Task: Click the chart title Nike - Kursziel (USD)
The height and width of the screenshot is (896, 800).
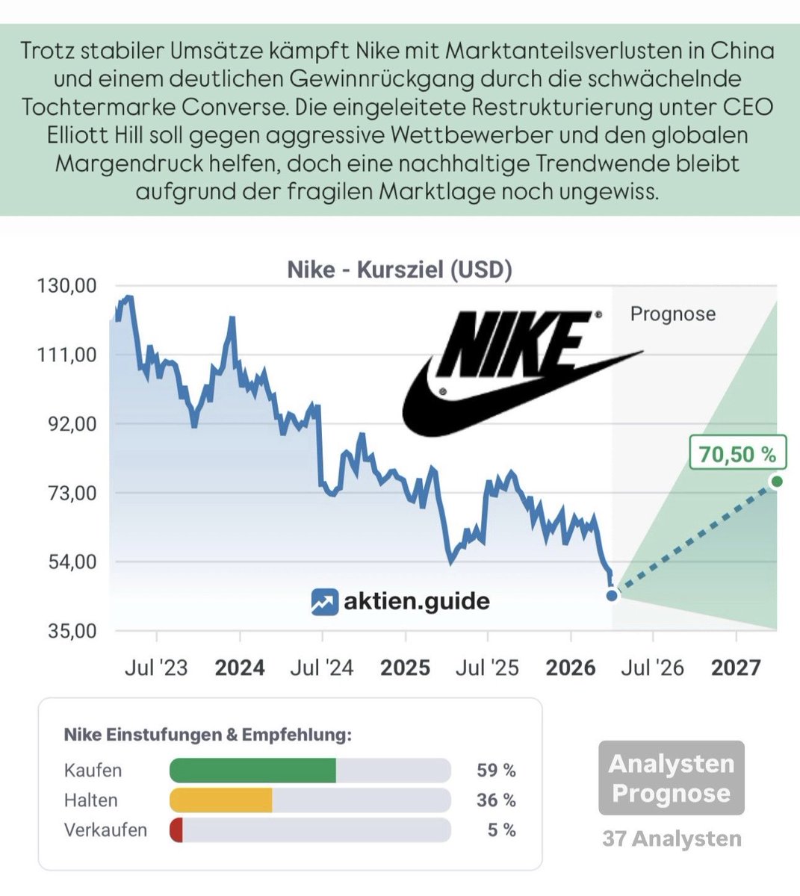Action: click(x=400, y=270)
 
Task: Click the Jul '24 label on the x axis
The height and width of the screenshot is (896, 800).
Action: click(x=322, y=667)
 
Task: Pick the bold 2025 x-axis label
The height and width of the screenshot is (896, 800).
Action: click(x=405, y=667)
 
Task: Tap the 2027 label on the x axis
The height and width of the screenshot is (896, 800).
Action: click(x=736, y=667)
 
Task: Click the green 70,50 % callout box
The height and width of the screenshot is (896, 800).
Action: click(x=737, y=453)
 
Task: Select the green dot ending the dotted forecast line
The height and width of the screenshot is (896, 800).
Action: click(x=776, y=482)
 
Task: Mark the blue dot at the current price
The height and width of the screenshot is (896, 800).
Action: click(x=612, y=595)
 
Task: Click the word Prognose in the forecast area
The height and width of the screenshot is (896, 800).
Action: click(x=672, y=314)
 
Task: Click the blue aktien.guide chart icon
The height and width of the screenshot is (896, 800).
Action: click(x=324, y=602)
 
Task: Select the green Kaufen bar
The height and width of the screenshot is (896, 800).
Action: click(x=252, y=770)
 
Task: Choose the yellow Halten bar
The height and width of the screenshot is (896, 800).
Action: click(x=221, y=800)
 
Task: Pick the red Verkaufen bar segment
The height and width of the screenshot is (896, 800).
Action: click(x=176, y=830)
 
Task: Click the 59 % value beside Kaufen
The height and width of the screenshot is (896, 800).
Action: click(x=496, y=770)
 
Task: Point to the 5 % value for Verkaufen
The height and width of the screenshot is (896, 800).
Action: click(x=501, y=830)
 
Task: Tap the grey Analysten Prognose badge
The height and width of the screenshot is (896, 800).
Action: click(x=671, y=778)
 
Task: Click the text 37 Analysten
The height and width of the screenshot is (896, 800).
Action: click(x=672, y=839)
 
